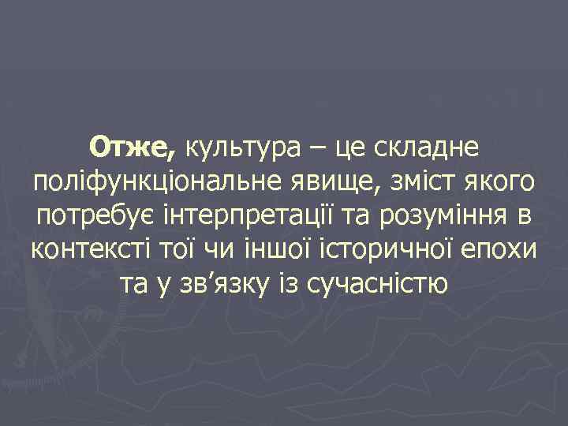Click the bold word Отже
coord(135,146)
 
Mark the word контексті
coord(93,249)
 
